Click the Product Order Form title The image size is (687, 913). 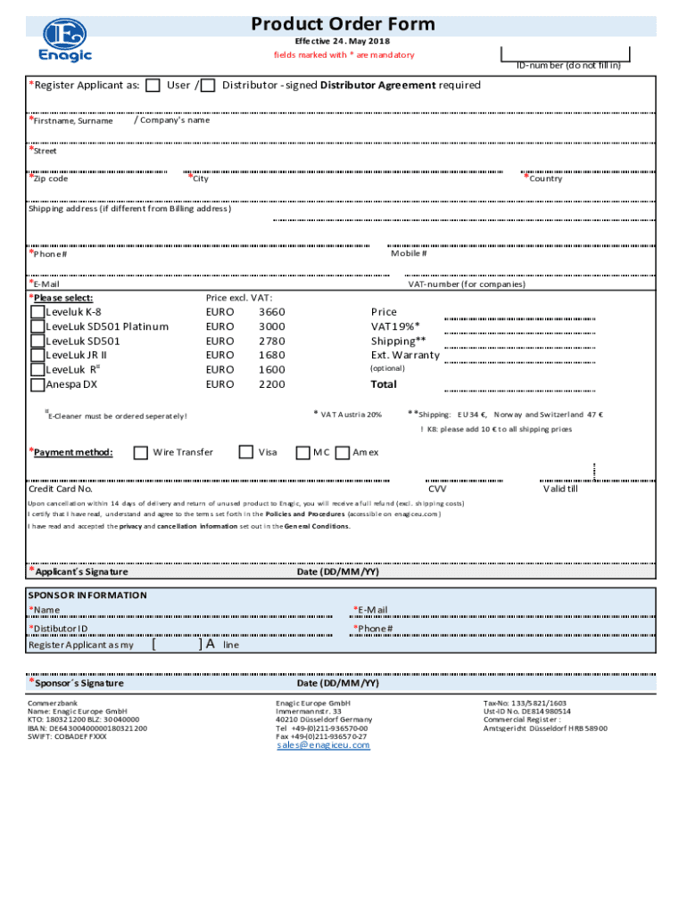click(x=343, y=24)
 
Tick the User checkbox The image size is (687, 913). click(x=153, y=86)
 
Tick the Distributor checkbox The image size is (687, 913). click(x=208, y=86)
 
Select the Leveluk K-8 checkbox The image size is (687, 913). click(x=37, y=312)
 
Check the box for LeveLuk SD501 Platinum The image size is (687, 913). click(x=37, y=326)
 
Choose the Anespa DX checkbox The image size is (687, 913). click(x=37, y=385)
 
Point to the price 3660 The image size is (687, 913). click(x=271, y=312)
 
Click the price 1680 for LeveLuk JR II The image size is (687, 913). click(x=271, y=355)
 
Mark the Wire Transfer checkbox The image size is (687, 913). click(x=140, y=452)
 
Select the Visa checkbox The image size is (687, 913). click(x=246, y=452)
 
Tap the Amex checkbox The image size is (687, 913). click(x=343, y=452)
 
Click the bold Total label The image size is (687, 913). click(x=384, y=384)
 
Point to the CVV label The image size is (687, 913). click(x=437, y=489)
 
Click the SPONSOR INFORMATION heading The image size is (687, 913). click(x=87, y=595)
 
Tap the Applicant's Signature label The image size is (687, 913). click(x=81, y=572)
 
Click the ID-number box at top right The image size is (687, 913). click(x=566, y=53)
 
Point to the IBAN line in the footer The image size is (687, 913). click(x=87, y=728)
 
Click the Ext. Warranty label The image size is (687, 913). click(x=405, y=355)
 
